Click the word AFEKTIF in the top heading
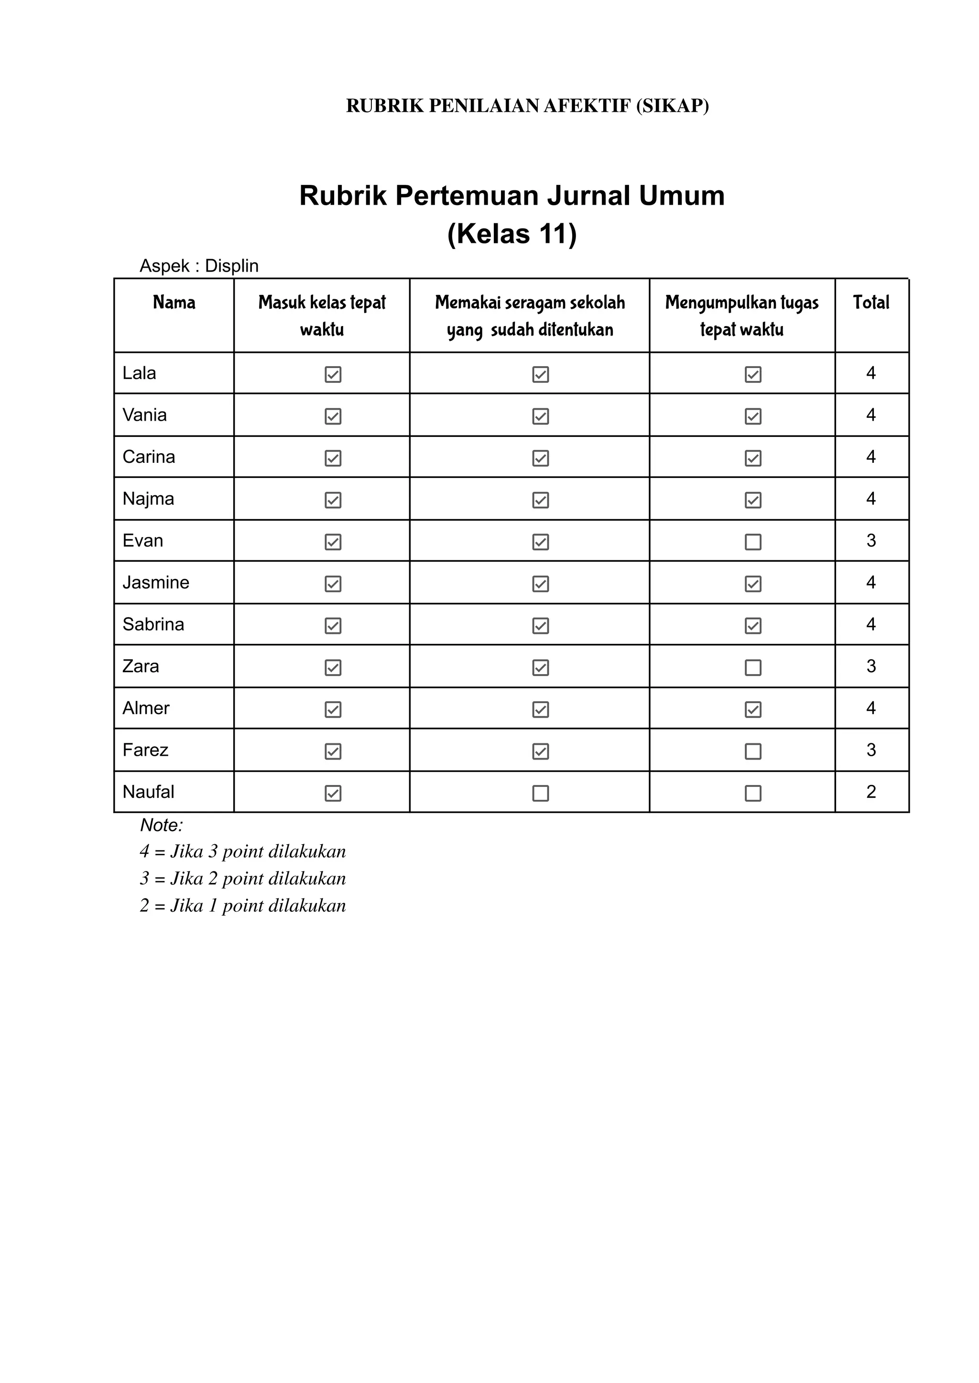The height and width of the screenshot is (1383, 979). (587, 106)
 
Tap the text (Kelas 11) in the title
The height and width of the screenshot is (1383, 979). (512, 234)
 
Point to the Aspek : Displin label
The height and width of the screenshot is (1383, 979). (199, 266)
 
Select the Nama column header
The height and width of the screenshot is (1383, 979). (174, 303)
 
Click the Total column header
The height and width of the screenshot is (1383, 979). (871, 303)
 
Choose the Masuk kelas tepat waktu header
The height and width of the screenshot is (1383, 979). (322, 316)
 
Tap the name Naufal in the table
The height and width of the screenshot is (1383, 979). (148, 792)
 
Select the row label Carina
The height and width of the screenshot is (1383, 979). (149, 457)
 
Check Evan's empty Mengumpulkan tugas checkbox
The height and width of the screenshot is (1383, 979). (753, 542)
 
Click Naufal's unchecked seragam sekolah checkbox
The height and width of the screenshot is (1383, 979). (541, 794)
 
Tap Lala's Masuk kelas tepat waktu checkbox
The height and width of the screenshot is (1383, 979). (333, 374)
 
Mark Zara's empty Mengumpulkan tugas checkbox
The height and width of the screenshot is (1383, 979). (753, 667)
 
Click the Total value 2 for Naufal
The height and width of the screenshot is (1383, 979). (871, 792)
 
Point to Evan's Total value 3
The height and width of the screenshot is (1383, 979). (871, 541)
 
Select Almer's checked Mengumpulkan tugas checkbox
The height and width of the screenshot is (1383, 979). (753, 709)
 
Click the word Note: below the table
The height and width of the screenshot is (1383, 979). (162, 825)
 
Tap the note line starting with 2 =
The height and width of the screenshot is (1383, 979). (243, 905)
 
